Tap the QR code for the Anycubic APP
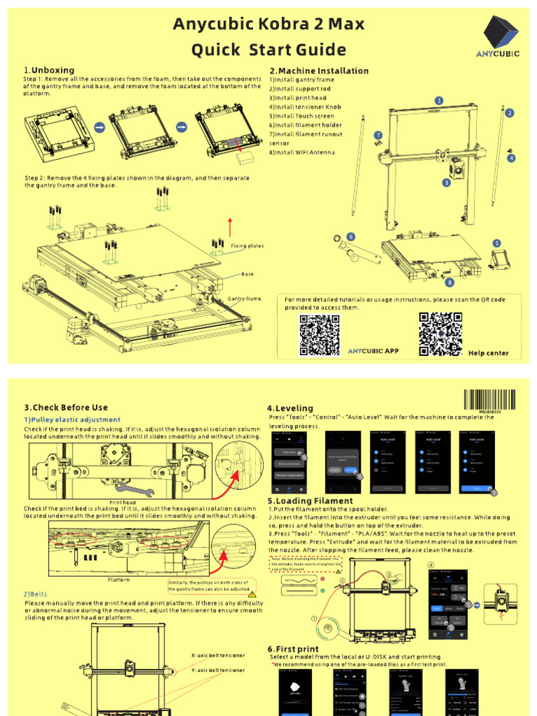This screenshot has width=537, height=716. (x=320, y=336)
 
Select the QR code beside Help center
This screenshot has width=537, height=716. (x=440, y=334)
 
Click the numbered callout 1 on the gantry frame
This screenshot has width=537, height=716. (x=439, y=101)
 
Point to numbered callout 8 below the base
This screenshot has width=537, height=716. (x=450, y=282)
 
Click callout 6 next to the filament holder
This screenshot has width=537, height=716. (x=351, y=237)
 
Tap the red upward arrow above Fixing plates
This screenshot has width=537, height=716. (x=230, y=227)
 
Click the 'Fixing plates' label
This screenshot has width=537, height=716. (x=248, y=246)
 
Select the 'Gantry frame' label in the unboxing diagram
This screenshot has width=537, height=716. (x=244, y=299)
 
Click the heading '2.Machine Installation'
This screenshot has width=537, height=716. (x=319, y=71)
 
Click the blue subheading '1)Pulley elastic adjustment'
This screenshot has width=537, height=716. (x=72, y=420)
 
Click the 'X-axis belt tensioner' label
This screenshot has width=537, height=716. (x=218, y=656)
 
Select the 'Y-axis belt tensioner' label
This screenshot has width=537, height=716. (x=218, y=670)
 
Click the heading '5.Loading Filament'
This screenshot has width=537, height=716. (x=310, y=501)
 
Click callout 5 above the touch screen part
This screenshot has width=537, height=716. (x=496, y=243)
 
